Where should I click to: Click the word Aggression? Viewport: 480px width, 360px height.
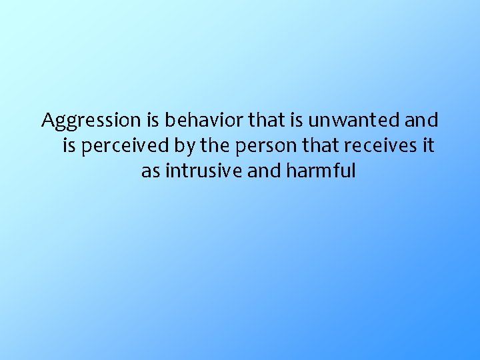click(x=91, y=121)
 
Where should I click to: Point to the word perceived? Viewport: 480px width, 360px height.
click(x=122, y=146)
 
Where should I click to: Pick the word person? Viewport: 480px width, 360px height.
click(x=257, y=146)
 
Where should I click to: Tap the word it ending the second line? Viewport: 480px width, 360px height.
click(x=428, y=146)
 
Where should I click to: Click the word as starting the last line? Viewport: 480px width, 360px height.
click(x=150, y=171)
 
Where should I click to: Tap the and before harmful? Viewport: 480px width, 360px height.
click(x=265, y=171)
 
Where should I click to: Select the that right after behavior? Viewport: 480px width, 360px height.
click(x=264, y=121)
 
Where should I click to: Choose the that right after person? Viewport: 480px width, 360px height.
click(x=309, y=146)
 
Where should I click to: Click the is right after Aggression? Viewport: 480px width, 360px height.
click(x=153, y=121)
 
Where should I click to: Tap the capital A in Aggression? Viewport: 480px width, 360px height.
click(x=49, y=121)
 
